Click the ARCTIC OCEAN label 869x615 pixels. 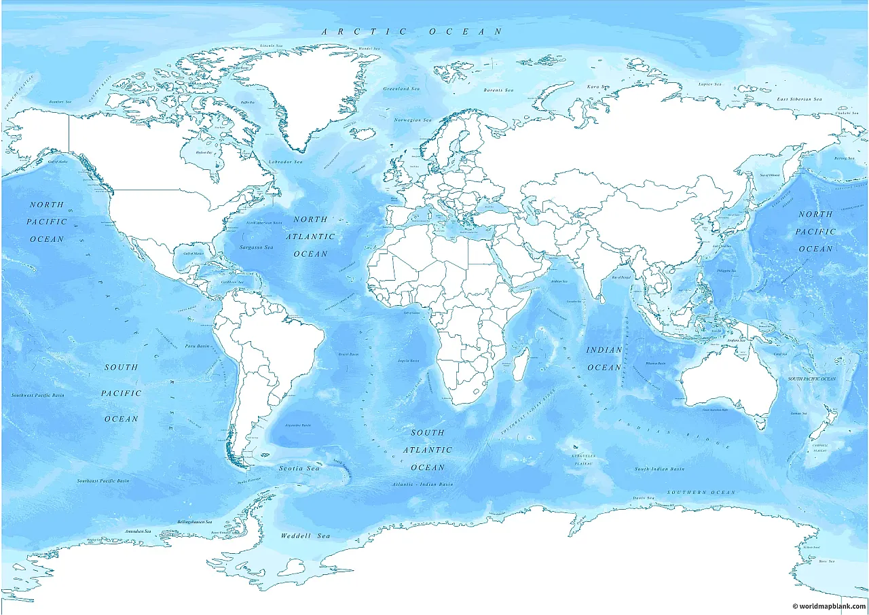tap(412, 31)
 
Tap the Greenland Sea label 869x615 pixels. tap(401, 89)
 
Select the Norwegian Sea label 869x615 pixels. tap(413, 120)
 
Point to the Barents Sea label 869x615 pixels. tap(498, 90)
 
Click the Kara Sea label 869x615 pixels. tap(594, 86)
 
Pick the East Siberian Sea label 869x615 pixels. tap(799, 100)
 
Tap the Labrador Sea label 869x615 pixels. tap(285, 162)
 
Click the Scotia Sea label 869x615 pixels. tap(299, 468)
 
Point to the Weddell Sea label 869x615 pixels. tap(306, 536)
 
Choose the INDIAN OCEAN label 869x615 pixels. tap(604, 359)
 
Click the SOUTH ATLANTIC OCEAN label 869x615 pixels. tap(428, 450)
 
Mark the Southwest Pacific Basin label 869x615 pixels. tap(38, 395)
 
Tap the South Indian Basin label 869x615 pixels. tap(659, 469)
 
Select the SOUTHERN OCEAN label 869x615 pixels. tap(701, 492)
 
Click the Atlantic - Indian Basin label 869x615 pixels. tap(422, 484)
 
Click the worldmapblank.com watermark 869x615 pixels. tap(829, 605)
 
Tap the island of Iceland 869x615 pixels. tap(364, 134)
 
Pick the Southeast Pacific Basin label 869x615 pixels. tap(103, 481)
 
